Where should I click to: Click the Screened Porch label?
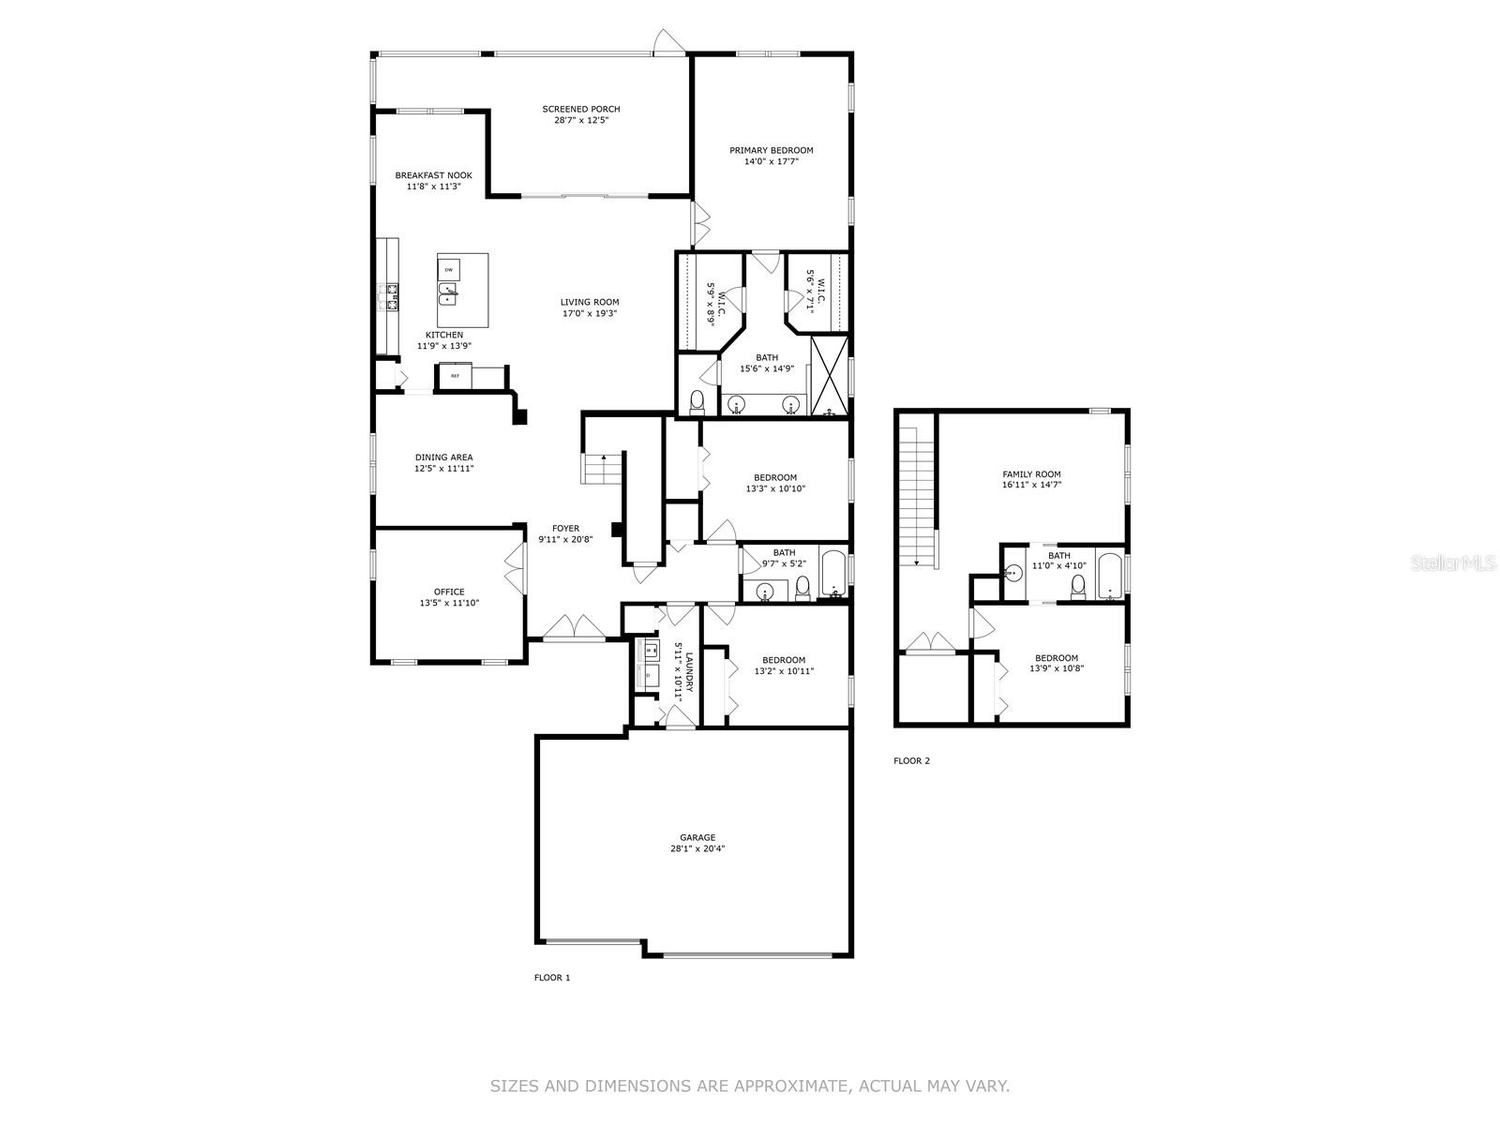point(580,110)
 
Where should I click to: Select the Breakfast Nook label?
point(433,175)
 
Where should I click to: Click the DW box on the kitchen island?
point(449,269)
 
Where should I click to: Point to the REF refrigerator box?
point(456,376)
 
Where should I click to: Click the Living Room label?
point(590,302)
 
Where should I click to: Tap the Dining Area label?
point(443,457)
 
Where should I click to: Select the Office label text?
point(449,592)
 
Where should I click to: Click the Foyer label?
point(565,529)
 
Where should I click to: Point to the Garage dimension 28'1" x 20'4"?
point(697,849)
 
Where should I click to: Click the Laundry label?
point(689,672)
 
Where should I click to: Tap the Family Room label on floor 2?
point(1031,474)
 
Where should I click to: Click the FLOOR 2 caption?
point(911,761)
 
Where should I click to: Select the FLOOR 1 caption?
point(551,978)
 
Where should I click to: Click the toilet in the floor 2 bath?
point(1078,587)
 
